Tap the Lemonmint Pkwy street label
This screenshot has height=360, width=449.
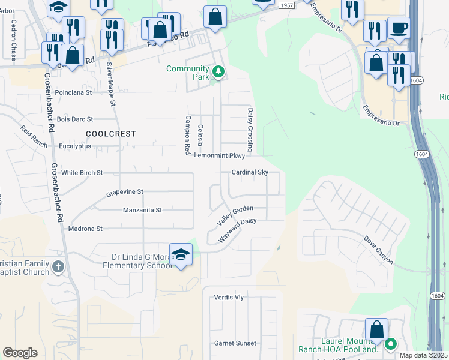click(220, 155)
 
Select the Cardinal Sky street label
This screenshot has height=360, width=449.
click(250, 172)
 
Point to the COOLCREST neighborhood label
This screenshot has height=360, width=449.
click(111, 134)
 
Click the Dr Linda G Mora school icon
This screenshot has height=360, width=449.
click(181, 254)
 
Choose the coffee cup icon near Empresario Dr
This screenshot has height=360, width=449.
click(399, 28)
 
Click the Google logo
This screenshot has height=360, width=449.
click(20, 353)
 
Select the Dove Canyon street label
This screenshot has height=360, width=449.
click(378, 249)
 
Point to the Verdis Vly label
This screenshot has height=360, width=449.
click(229, 298)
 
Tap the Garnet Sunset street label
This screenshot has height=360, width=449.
click(235, 343)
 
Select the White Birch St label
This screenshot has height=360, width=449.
click(82, 172)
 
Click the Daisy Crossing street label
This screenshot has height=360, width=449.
click(250, 130)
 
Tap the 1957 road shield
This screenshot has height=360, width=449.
click(286, 5)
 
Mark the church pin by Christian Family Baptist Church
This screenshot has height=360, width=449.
click(58, 266)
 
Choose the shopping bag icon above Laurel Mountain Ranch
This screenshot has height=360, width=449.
click(376, 329)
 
